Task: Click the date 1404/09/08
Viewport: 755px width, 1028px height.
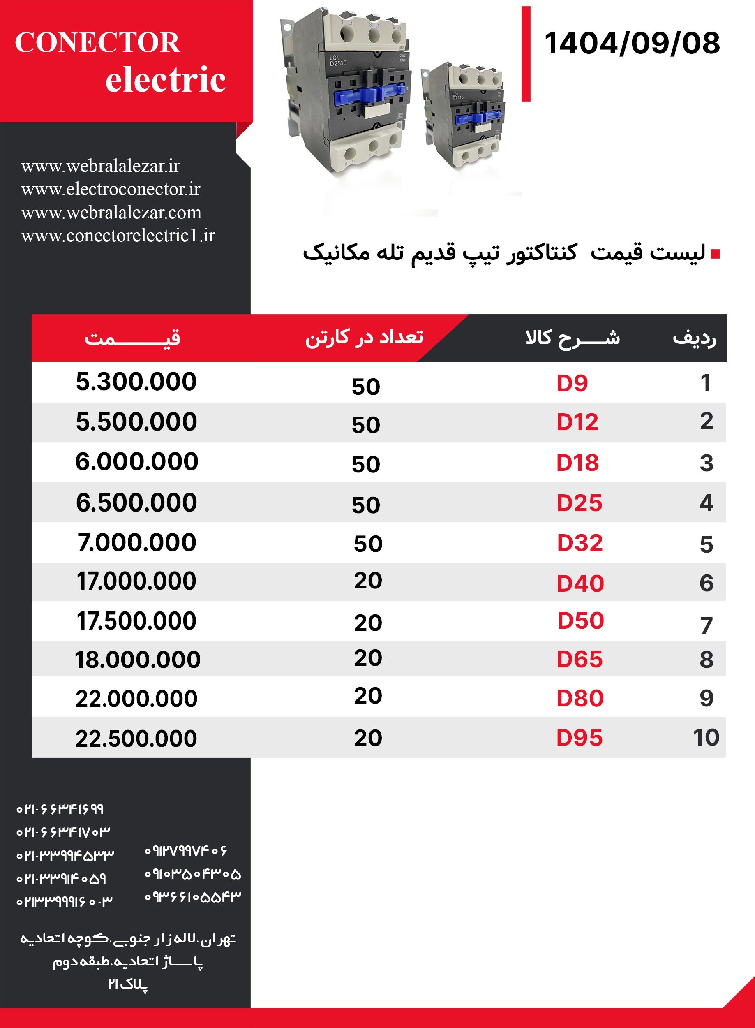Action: [x=632, y=44]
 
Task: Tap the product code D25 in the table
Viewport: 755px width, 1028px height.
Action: [x=579, y=503]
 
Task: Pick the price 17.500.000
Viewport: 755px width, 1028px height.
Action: [x=136, y=621]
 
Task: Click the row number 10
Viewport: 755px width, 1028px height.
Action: [x=706, y=737]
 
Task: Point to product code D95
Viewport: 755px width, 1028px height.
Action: [x=580, y=738]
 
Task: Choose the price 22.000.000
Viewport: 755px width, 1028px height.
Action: [x=136, y=699]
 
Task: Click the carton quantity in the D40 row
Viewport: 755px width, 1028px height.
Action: [x=368, y=581]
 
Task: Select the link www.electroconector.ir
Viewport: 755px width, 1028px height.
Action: [x=111, y=189]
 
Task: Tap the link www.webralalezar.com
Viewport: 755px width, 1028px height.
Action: [x=111, y=212]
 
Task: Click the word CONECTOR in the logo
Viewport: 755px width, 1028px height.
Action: [x=97, y=42]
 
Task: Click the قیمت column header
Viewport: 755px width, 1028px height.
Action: [x=132, y=338]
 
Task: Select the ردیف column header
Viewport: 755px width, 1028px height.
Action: [x=694, y=338]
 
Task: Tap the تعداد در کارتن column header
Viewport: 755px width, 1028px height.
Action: [x=364, y=337]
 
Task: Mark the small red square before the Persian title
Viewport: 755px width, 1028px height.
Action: [x=716, y=254]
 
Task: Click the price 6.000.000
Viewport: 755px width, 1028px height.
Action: [x=136, y=461]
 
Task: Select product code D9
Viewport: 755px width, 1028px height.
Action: [x=572, y=383]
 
